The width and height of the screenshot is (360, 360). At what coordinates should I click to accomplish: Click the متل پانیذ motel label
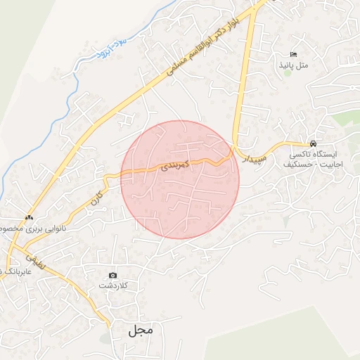tap(295, 65)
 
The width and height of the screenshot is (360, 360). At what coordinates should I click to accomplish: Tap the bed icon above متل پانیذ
tap(294, 54)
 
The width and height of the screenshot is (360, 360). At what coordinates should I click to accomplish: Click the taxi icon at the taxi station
tap(313, 142)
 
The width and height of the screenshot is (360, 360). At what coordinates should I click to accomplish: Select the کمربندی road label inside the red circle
tap(175, 167)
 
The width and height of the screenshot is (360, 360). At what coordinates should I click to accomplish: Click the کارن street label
tap(94, 198)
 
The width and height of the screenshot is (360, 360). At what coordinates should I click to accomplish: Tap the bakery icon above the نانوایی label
tap(29, 217)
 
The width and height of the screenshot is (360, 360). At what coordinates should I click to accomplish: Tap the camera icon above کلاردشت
tap(112, 275)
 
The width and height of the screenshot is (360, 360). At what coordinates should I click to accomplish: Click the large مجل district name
tap(141, 329)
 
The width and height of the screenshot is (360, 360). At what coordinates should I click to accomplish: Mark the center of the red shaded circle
tap(180, 179)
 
